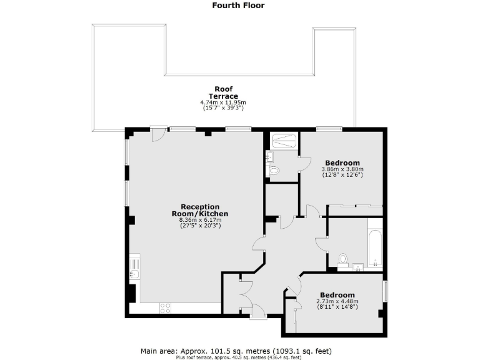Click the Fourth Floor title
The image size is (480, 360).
pos(238,6)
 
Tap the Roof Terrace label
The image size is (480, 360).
pos(223,92)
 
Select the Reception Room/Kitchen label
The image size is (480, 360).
pos(199,210)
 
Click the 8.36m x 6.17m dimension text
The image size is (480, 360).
pos(199,219)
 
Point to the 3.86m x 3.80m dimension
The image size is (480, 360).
pos(342,169)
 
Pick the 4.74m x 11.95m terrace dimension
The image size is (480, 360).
pos(223,102)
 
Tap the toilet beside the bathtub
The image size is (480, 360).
pos(342,259)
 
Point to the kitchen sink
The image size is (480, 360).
pos(134,272)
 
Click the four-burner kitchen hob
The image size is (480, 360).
pos(166,307)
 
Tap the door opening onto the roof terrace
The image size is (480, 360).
pos(158,133)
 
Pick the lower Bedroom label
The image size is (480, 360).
pos(337,295)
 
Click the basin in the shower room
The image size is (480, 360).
pos(269,156)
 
